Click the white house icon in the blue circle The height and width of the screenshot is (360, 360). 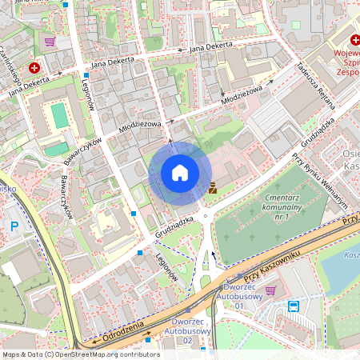tap(180, 172)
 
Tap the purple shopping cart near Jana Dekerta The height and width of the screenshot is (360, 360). tap(50, 42)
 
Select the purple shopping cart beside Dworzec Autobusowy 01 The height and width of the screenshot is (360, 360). tap(270, 290)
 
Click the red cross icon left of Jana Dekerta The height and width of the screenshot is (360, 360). tap(34, 70)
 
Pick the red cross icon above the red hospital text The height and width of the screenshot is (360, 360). tap(353, 39)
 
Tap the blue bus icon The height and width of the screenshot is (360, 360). tap(294, 306)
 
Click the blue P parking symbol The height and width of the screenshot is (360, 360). tap(14, 226)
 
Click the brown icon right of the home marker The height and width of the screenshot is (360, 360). tap(213, 190)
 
